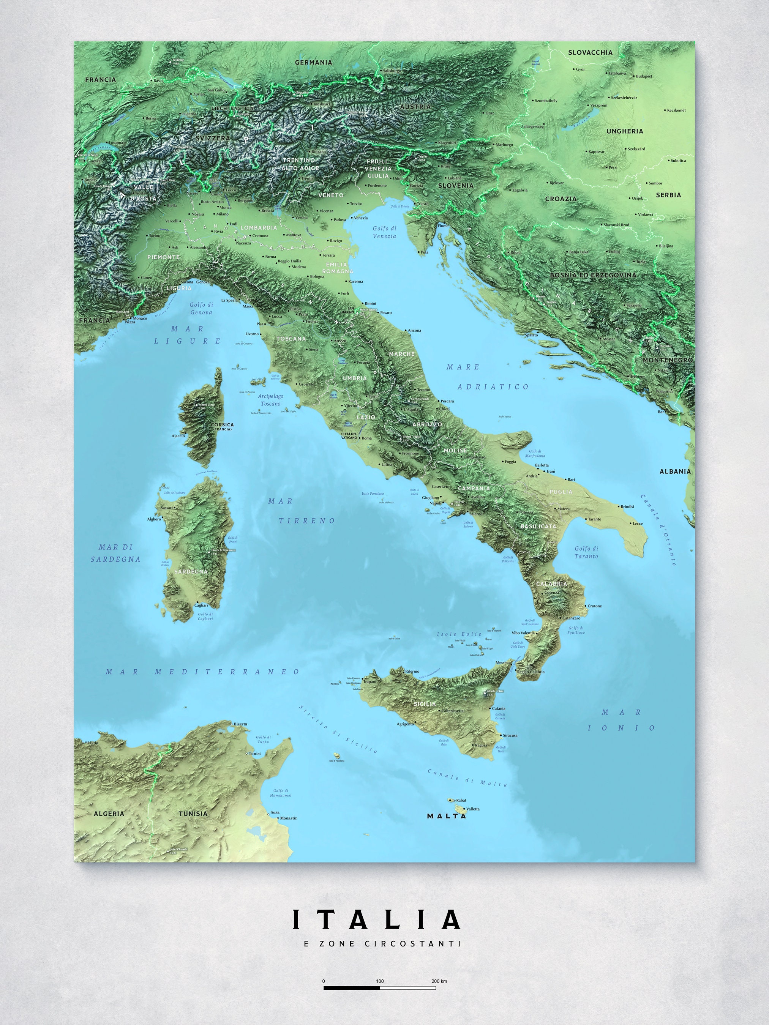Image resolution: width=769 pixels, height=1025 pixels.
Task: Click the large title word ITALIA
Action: pyautogui.click(x=376, y=919)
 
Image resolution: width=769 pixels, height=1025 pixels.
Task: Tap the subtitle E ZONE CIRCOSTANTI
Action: pyautogui.click(x=382, y=943)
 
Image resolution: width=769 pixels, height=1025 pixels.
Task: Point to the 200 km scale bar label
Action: pyautogui.click(x=439, y=981)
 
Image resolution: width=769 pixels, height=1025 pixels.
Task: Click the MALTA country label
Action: pyautogui.click(x=446, y=816)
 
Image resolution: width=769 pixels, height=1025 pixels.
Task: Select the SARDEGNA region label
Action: pyautogui.click(x=191, y=571)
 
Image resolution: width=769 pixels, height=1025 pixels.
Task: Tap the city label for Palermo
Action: pyautogui.click(x=412, y=671)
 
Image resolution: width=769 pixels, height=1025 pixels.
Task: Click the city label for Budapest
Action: pyautogui.click(x=644, y=76)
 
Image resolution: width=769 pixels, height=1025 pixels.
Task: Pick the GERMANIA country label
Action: pyautogui.click(x=314, y=63)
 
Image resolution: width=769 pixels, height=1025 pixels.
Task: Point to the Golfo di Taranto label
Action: pyautogui.click(x=586, y=552)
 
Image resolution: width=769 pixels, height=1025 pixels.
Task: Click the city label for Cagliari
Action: pyautogui.click(x=201, y=605)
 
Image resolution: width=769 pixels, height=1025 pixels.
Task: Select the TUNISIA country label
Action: pyautogui.click(x=193, y=813)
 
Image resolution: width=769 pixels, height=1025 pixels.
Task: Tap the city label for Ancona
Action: pyautogui.click(x=414, y=330)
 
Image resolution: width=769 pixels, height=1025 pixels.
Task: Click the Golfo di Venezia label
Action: pyautogui.click(x=385, y=232)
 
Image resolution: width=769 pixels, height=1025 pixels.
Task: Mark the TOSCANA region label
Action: pyautogui.click(x=291, y=339)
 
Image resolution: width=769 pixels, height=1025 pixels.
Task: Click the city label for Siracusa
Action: pyautogui.click(x=510, y=735)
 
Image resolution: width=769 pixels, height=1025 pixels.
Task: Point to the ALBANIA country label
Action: pyautogui.click(x=675, y=471)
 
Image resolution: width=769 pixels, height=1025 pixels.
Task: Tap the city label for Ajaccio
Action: pyautogui.click(x=178, y=435)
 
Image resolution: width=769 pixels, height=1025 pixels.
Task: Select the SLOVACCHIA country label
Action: pyautogui.click(x=590, y=52)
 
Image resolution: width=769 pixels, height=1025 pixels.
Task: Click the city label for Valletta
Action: pyautogui.click(x=473, y=809)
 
